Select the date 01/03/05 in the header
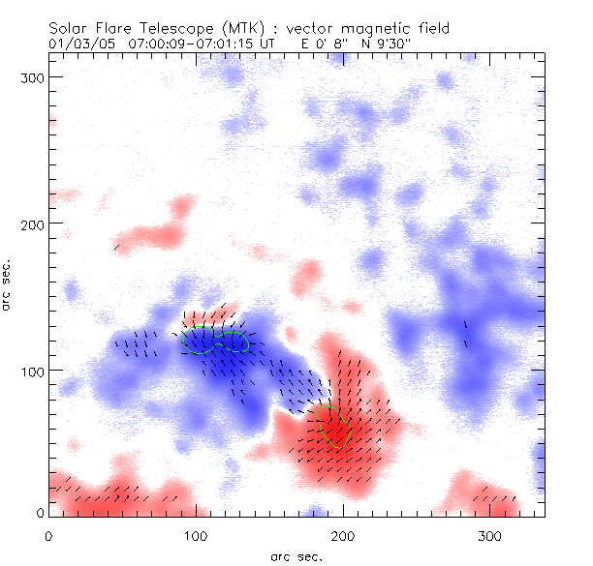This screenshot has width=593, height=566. [77, 44]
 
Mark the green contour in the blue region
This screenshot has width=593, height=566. [219, 340]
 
